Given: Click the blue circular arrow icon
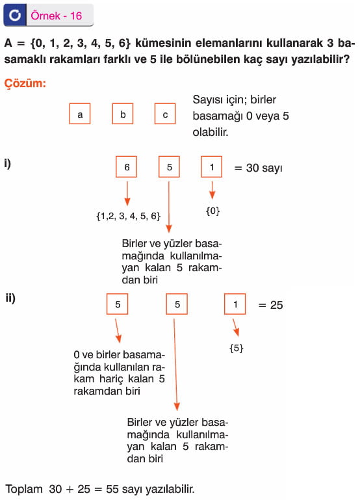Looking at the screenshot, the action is coord(15,15).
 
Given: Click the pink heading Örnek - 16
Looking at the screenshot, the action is coord(57,16).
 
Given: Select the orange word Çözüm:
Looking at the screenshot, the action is coord(25,83).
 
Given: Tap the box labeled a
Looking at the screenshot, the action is coord(80,114).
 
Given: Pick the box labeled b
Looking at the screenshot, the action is coord(123,114).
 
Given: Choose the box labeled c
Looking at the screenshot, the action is coord(165,114).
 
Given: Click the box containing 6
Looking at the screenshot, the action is coord(127,166).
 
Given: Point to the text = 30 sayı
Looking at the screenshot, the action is coord(258,168).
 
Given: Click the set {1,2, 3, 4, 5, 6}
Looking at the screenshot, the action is coord(129,217).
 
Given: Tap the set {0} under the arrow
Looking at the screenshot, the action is coord(212,211).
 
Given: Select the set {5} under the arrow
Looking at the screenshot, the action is coord(237,348).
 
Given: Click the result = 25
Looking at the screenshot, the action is coord(270,305).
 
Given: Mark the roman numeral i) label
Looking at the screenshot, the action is coord(8,164).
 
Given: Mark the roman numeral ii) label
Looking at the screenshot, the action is coord(10,298).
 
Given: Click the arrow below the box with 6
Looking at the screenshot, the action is coord(127,194).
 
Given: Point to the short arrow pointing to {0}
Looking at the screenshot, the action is coord(212,191).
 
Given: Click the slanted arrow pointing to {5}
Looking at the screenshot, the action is coord(235,328).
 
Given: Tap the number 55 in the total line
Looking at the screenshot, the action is coord(112,489).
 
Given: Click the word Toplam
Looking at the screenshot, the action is coord(24,490).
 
